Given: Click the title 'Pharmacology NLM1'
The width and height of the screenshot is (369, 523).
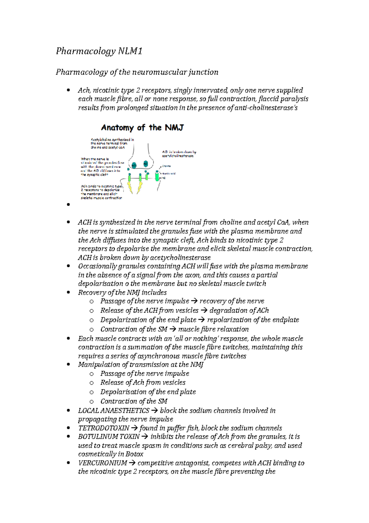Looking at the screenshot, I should pyautogui.click(x=99, y=51).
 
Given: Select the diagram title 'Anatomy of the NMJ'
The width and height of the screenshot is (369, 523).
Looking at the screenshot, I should pyautogui.click(x=142, y=128).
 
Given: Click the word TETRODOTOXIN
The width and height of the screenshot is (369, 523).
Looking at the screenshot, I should pyautogui.click(x=104, y=428).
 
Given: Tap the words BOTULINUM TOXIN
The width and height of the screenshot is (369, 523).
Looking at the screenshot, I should pyautogui.click(x=109, y=437).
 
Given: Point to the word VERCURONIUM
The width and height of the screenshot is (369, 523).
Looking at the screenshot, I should pyautogui.click(x=102, y=463).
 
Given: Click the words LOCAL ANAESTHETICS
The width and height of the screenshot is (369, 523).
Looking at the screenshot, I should pyautogui.click(x=113, y=411).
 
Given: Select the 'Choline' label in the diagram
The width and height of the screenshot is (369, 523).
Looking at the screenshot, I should pyautogui.click(x=166, y=166).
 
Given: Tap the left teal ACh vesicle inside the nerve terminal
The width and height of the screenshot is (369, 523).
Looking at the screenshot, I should pyautogui.click(x=134, y=165).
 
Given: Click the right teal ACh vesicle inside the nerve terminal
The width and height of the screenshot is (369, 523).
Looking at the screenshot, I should pyautogui.click(x=146, y=164).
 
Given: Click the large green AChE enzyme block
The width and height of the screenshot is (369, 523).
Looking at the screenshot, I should pyautogui.click(x=157, y=176).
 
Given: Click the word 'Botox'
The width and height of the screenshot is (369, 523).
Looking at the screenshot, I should pyautogui.click(x=134, y=454).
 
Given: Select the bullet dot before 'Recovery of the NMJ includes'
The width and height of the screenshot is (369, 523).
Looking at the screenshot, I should pyautogui.click(x=69, y=293).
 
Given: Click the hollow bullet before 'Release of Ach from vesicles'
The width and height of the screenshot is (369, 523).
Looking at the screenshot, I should pyautogui.click(x=91, y=383).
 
